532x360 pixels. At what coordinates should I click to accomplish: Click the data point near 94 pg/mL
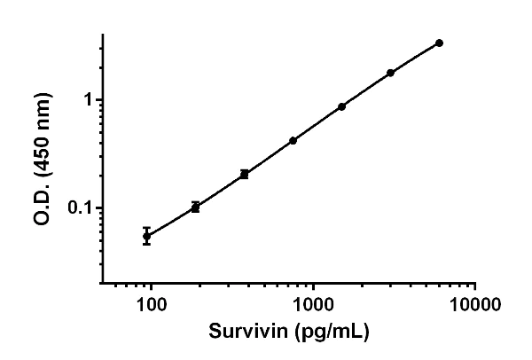pos(146,237)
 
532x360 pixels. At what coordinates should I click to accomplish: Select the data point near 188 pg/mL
pos(195,207)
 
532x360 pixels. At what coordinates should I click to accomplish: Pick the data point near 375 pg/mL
pos(244,174)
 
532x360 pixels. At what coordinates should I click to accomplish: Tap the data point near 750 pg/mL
pos(293,140)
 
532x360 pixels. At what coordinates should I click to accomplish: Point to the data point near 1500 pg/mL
pos(341,106)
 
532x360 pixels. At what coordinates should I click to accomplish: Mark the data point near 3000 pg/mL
pos(390,73)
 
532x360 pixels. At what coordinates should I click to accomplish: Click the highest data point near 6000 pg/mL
pos(439,43)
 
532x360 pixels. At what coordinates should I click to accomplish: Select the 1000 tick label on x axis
pos(313,306)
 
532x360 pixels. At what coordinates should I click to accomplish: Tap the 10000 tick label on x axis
pos(475,306)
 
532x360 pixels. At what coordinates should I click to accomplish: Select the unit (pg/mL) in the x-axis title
pos(329,333)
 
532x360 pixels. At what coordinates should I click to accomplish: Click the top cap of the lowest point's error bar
pos(146,228)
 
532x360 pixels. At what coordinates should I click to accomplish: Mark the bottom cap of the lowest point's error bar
pos(146,244)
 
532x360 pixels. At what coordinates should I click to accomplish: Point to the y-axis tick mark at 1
pos(99,99)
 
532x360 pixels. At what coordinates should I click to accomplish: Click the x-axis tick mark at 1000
pos(313,289)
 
